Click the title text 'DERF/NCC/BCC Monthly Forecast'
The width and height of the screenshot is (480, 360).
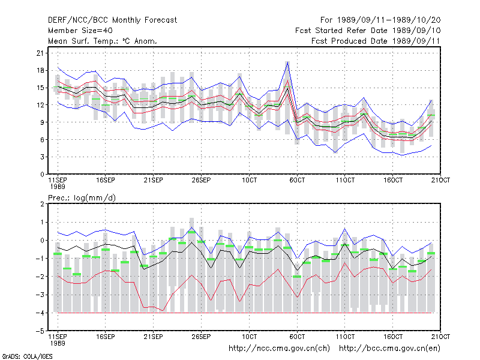coord(112,20)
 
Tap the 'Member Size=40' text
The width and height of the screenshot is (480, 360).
coord(80,31)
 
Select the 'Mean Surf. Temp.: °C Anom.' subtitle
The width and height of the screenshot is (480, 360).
coord(103,41)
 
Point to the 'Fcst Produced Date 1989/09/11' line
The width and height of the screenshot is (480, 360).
coord(376,41)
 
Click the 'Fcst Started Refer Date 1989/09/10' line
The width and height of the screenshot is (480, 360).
coord(368,31)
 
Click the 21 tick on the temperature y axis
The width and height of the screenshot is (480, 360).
coord(40,53)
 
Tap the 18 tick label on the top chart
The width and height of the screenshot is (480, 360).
coord(40,70)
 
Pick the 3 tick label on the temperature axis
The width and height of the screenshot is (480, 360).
coord(42,157)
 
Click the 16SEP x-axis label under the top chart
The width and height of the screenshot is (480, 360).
coord(106,180)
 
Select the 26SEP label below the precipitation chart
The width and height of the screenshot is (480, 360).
coord(201,337)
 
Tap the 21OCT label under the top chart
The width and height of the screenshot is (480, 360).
coord(440,180)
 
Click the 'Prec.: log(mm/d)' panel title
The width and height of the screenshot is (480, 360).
coord(82,198)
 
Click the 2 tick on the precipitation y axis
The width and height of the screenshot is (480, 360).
coord(42,204)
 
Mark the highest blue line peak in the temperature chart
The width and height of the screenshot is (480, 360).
coord(287,62)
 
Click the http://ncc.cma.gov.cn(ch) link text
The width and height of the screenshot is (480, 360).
coord(279,349)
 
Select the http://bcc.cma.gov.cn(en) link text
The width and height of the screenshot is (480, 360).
coord(389,349)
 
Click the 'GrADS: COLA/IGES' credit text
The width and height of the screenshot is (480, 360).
coord(27,356)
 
